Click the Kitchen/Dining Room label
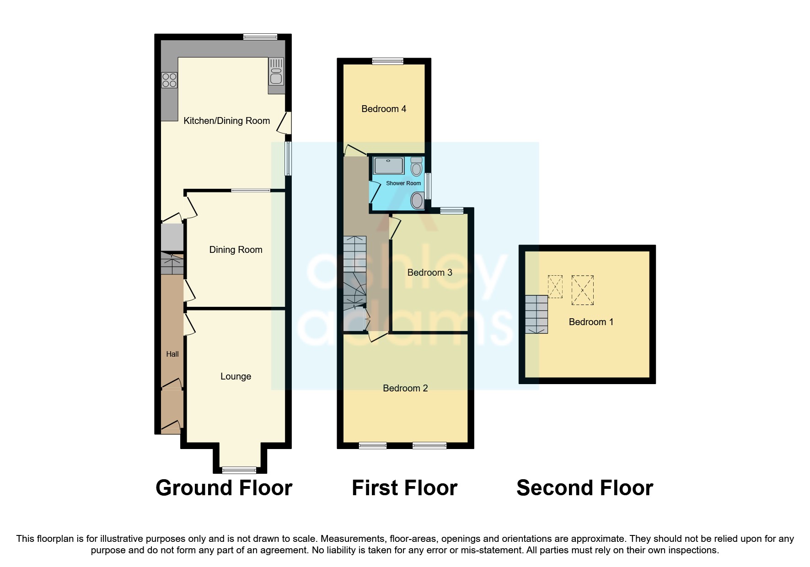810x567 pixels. click(x=226, y=121)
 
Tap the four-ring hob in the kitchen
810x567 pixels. click(x=169, y=80)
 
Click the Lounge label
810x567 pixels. click(x=236, y=376)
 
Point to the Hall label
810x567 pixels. click(x=172, y=354)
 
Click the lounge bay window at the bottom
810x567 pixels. click(x=239, y=470)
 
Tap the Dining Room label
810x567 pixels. click(x=236, y=250)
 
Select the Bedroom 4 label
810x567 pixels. click(x=384, y=109)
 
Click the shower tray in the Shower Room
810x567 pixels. click(x=388, y=166)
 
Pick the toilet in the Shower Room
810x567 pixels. click(x=416, y=167)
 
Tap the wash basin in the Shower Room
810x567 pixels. click(x=417, y=200)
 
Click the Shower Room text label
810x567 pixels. click(x=403, y=183)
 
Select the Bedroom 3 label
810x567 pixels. click(x=429, y=273)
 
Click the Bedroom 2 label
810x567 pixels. click(x=405, y=388)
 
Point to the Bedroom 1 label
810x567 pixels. click(x=590, y=322)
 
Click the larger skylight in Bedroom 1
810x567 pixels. click(x=582, y=290)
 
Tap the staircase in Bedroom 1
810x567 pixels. click(x=536, y=314)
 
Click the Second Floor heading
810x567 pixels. click(x=585, y=488)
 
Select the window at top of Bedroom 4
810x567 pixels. click(x=387, y=61)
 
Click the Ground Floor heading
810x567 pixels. click(x=224, y=488)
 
